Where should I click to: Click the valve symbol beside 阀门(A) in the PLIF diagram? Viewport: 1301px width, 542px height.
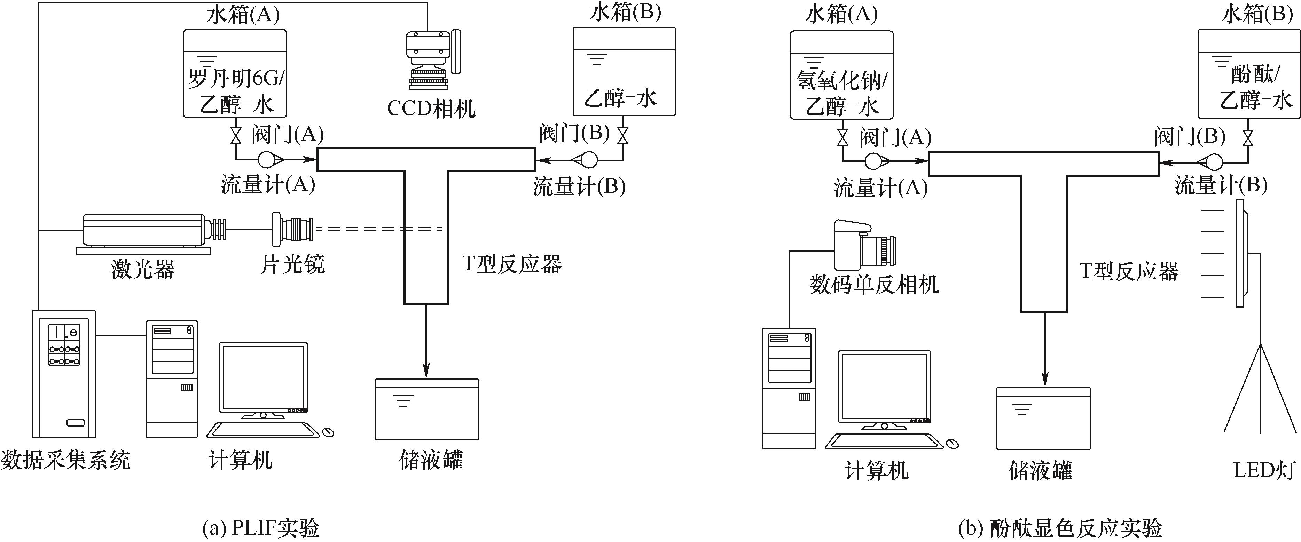pos(235,136)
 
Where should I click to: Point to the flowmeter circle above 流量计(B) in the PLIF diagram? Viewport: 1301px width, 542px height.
pos(588,160)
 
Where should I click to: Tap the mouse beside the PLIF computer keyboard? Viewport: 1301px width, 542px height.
pos(328,432)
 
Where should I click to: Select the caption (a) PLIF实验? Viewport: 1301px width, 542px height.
pos(261,528)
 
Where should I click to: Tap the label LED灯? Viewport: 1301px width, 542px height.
pos(1263,470)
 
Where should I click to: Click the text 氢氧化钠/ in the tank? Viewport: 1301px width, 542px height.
pos(841,81)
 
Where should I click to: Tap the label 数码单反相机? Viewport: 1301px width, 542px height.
pos(874,285)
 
